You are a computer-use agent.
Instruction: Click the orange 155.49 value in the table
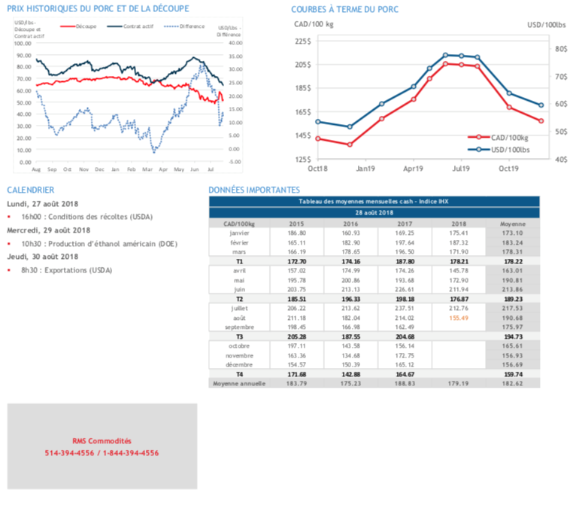point(459,318)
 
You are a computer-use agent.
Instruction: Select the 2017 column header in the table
point(405,224)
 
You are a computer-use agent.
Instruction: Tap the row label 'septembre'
point(239,327)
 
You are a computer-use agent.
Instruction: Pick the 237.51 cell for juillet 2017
point(405,308)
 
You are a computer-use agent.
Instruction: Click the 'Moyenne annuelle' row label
point(239,383)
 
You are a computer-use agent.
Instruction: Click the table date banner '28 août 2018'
point(374,213)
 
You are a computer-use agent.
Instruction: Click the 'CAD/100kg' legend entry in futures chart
point(503,138)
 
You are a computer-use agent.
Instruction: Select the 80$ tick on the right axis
point(561,49)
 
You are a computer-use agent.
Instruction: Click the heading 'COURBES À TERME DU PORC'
point(345,9)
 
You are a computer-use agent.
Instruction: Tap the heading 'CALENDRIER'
point(30,191)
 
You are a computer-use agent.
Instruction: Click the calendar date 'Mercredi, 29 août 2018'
point(49,230)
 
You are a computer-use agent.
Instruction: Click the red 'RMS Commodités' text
point(102,441)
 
